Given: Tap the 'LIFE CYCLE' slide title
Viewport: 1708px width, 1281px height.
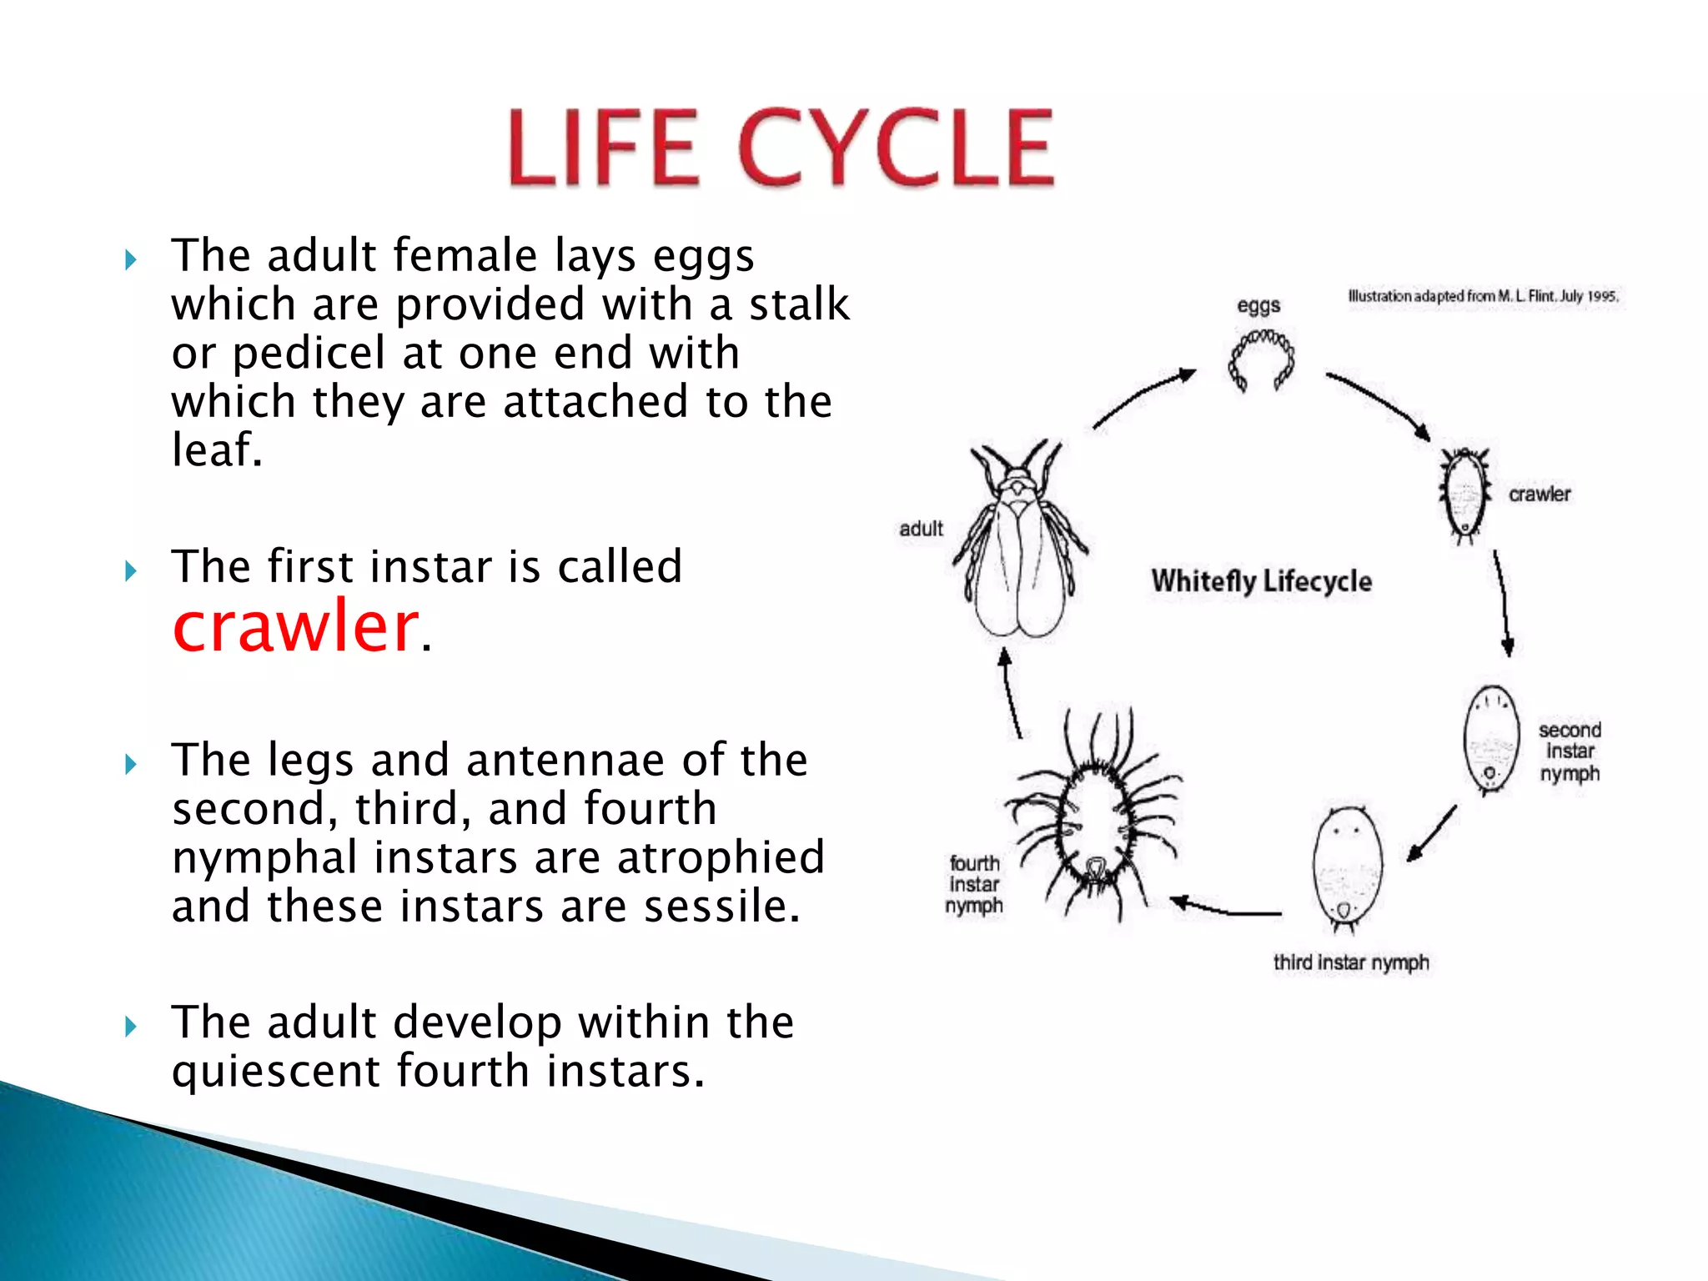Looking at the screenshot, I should [781, 148].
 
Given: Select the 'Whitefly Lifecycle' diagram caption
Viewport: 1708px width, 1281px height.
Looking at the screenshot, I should [1261, 581].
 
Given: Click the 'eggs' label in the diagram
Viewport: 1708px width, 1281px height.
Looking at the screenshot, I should [1258, 306].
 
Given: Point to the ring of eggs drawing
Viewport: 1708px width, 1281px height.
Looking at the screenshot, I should [1261, 359].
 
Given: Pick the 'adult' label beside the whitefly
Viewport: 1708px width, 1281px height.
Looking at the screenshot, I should [921, 529].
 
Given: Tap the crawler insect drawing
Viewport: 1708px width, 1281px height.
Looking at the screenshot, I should [1464, 495].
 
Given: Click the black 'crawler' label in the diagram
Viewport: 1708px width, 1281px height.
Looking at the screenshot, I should [1539, 495].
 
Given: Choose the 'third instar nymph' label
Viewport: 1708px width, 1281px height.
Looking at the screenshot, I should [1350, 962].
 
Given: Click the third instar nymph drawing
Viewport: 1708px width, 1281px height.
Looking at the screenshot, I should [1346, 867].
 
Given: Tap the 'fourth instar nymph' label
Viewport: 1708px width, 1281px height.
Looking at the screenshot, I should [974, 885].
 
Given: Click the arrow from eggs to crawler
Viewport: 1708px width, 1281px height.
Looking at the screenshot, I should [1378, 404].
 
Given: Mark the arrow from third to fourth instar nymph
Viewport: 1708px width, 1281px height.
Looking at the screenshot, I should [1226, 910].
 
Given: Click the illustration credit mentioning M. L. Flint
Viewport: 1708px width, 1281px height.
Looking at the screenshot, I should [1483, 296].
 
